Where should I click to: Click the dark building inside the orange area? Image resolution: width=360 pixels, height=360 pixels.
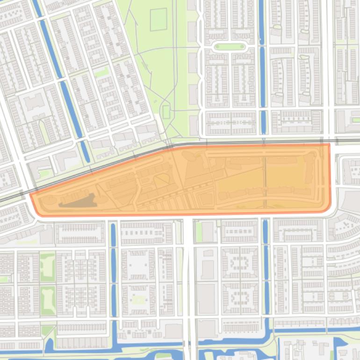(78, 202)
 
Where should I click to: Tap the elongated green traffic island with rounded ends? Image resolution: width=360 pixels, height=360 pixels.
(229, 47)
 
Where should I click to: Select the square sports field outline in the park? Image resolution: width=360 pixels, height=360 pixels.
(159, 19)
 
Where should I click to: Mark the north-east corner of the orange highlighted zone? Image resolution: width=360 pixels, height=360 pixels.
(329, 144)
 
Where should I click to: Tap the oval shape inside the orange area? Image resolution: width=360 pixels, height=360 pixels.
(162, 180)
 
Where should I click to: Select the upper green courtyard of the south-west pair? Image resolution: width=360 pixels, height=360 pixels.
(47, 266)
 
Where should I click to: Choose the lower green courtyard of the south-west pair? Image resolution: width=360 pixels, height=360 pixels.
(47, 300)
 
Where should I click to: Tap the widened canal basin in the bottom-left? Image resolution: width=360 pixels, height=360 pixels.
(49, 346)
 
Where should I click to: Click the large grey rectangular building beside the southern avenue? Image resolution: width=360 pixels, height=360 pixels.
(206, 298)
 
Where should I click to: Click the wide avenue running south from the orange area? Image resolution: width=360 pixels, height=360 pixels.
(188, 281)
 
